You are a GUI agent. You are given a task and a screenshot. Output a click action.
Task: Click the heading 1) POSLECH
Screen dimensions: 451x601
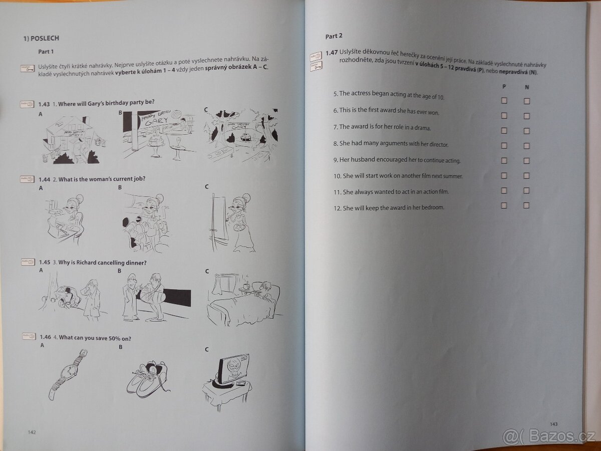tap(41, 38)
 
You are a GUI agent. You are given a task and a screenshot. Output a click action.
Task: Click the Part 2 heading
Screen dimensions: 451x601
tap(334, 36)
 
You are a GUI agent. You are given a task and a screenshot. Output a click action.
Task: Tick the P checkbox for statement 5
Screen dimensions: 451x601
tap(504, 101)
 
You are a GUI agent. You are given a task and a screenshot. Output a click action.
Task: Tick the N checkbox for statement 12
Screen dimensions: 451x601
tap(526, 205)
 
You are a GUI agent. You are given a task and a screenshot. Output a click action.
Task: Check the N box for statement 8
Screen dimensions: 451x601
tap(526, 146)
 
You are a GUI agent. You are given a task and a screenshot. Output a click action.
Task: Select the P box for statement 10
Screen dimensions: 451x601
tap(504, 175)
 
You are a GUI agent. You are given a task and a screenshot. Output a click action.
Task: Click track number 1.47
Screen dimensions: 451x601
tap(331, 53)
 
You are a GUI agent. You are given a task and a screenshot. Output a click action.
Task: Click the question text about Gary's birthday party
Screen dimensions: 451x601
tap(106, 103)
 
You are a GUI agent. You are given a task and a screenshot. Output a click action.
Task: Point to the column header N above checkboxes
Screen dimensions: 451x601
tap(526, 87)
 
